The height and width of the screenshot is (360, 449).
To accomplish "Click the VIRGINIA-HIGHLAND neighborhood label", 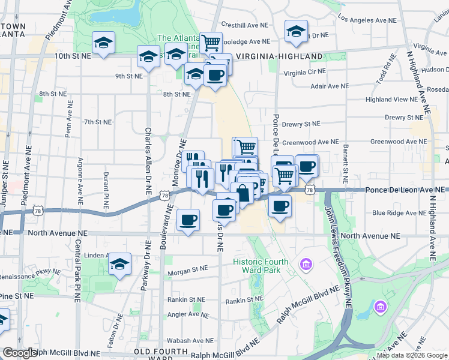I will (x=280, y=56).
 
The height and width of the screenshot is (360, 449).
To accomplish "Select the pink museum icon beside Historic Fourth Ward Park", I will (x=306, y=264).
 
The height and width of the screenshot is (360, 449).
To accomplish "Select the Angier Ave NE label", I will (x=187, y=314).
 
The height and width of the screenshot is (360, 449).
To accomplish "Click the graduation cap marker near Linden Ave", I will (x=120, y=263).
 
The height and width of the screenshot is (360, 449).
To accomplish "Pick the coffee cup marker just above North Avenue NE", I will (x=188, y=220).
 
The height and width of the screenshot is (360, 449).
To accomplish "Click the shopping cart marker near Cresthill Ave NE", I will (x=211, y=43).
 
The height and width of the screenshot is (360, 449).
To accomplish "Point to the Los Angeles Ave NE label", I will (x=367, y=19).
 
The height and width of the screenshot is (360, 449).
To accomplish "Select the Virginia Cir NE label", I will (x=305, y=72).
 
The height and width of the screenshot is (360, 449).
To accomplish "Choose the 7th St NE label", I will (x=98, y=122).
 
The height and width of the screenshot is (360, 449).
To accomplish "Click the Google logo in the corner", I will (x=20, y=352).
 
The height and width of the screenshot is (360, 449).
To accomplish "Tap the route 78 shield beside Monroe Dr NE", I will (x=164, y=195).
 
